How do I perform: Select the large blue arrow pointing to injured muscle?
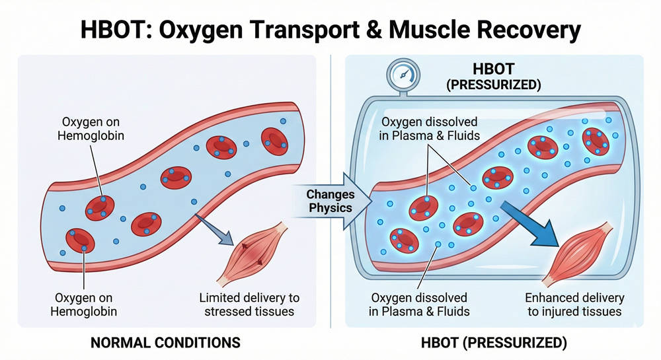(x=529, y=221)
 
